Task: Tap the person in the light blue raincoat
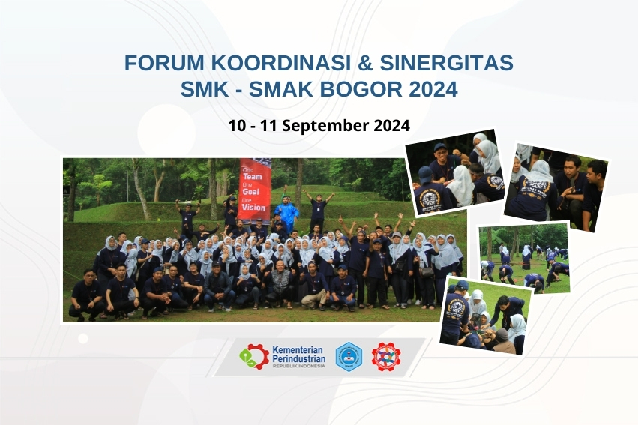286,213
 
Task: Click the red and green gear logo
254,356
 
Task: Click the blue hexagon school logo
348,357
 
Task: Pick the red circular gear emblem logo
386,357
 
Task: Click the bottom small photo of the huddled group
485,315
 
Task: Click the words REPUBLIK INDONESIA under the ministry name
298,366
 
